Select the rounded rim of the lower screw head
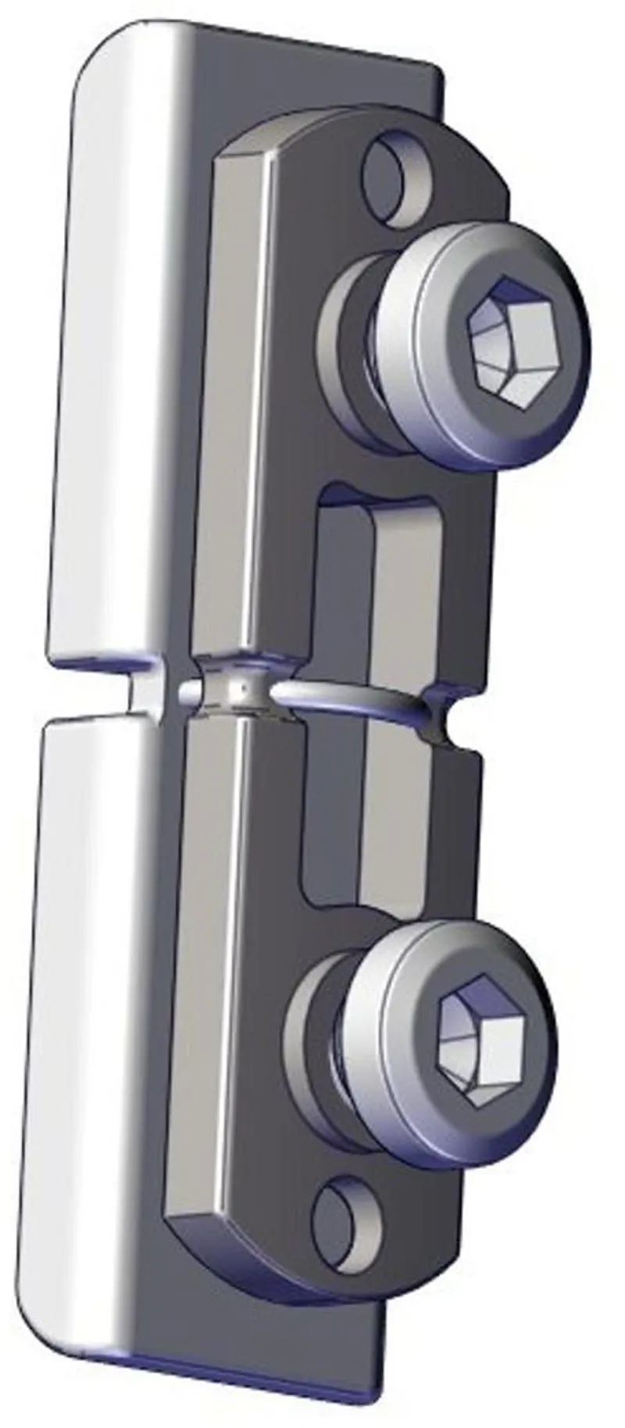(406, 1094)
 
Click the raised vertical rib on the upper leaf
(234, 391)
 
